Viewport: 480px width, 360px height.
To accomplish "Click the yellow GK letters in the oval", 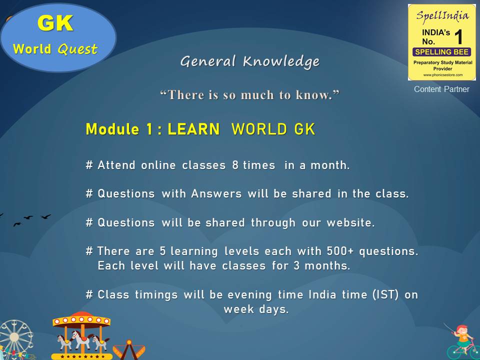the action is pos(55,23).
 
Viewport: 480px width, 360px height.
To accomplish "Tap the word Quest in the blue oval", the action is pos(77,49).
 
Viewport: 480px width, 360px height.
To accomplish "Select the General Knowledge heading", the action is pos(250,61).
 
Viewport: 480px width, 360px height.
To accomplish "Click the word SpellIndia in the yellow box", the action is pos(442,16).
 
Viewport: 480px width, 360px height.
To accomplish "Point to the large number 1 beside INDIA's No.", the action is pos(458,37).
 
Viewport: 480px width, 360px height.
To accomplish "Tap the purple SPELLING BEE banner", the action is pos(441,52).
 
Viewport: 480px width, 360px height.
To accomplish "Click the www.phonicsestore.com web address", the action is pos(442,75).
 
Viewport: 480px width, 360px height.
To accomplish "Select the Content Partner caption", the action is pos(441,89).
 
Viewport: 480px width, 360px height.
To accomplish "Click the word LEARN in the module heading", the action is pos(193,129).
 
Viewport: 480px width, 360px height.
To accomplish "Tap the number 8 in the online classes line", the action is pos(235,165).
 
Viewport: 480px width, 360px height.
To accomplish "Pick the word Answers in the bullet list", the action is pos(216,194).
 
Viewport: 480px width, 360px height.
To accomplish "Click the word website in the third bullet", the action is pos(350,222).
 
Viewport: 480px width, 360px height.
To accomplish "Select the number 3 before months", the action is pos(296,265).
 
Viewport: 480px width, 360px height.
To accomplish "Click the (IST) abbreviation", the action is pos(385,294).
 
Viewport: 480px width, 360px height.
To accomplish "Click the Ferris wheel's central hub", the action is pos(14,337).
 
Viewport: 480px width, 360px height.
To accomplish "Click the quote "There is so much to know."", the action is pos(250,94).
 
